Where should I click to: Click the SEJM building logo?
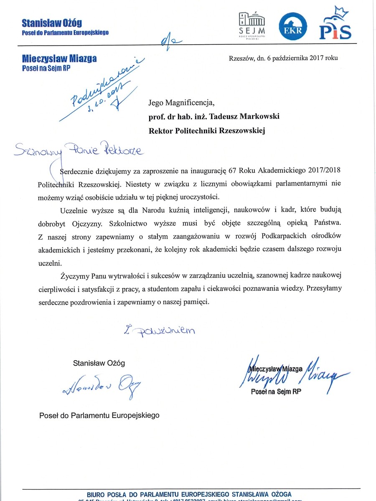click(252, 25)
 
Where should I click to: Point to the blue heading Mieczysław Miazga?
click(59, 58)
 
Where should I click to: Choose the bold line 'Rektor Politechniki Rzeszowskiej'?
click(207, 130)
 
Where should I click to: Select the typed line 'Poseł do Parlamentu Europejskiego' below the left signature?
click(99, 416)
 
